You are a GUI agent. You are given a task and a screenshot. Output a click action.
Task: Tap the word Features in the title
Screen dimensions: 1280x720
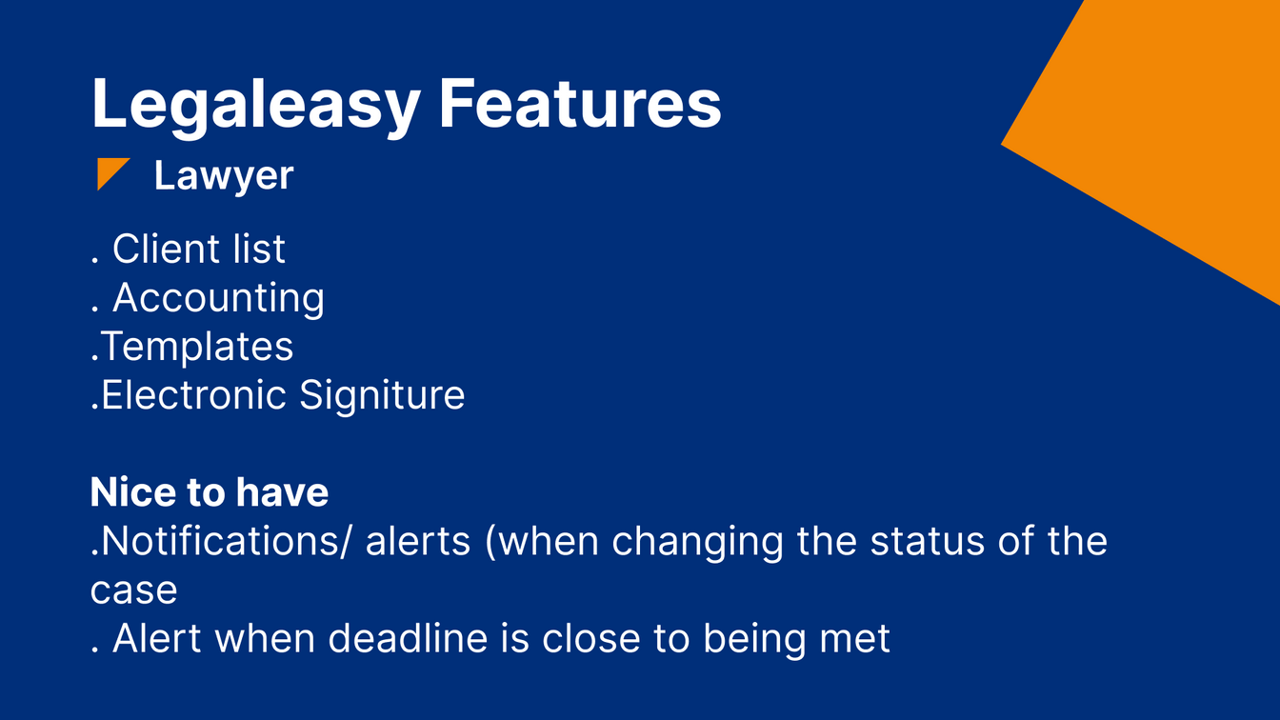[580, 104]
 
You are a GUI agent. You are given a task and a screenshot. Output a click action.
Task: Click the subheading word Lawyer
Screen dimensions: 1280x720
[224, 176]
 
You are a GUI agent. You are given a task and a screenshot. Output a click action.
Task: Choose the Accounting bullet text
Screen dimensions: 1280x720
[218, 298]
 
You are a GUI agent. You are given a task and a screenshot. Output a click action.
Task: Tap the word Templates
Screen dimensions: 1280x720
[197, 347]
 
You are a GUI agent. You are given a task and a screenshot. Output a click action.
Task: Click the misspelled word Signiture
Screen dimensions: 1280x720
[382, 396]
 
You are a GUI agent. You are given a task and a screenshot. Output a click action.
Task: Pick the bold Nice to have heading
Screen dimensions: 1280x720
[210, 492]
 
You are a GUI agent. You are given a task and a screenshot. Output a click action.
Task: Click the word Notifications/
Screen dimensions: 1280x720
[226, 541]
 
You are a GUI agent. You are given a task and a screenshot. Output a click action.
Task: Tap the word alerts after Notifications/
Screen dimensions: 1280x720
[418, 541]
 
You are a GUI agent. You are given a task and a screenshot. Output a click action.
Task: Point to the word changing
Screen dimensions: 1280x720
[697, 542]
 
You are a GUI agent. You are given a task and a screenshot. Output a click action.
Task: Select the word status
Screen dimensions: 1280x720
[928, 542]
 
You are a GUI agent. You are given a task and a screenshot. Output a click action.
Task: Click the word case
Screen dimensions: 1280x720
[133, 590]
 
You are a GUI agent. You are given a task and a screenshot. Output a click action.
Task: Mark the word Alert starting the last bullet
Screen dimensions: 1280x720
[156, 638]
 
